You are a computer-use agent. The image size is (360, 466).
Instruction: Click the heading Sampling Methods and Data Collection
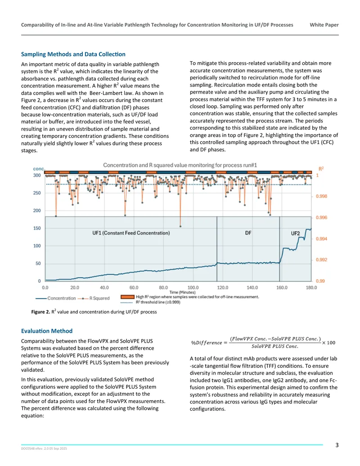click(x=73, y=54)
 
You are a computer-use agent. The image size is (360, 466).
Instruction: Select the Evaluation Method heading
click(x=47, y=331)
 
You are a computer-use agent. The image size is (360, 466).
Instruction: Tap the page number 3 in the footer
click(x=337, y=445)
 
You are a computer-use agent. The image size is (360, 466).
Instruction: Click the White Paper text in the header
click(x=324, y=25)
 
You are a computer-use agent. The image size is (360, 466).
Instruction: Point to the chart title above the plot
click(x=180, y=165)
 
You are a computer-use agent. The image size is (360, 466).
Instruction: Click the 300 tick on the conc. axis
click(x=37, y=175)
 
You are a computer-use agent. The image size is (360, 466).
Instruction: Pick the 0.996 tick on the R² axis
click(x=321, y=217)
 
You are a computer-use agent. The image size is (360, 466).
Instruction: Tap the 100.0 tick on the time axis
click(x=193, y=287)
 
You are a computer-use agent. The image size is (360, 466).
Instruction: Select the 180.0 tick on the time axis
click(x=311, y=287)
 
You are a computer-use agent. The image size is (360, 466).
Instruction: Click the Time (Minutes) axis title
click(x=182, y=292)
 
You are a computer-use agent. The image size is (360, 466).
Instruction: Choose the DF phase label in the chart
click(x=248, y=233)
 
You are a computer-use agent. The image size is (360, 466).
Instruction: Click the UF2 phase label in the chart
click(x=295, y=233)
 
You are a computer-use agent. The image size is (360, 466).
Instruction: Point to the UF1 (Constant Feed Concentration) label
click(x=131, y=233)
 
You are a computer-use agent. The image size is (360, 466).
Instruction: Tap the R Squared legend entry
click(x=94, y=298)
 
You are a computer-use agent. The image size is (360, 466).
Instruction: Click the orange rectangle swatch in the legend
click(x=127, y=297)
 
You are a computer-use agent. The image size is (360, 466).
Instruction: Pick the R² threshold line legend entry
click(x=150, y=302)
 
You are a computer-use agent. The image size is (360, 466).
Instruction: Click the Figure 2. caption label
click(x=40, y=312)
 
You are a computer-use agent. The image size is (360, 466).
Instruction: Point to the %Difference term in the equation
click(x=207, y=343)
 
